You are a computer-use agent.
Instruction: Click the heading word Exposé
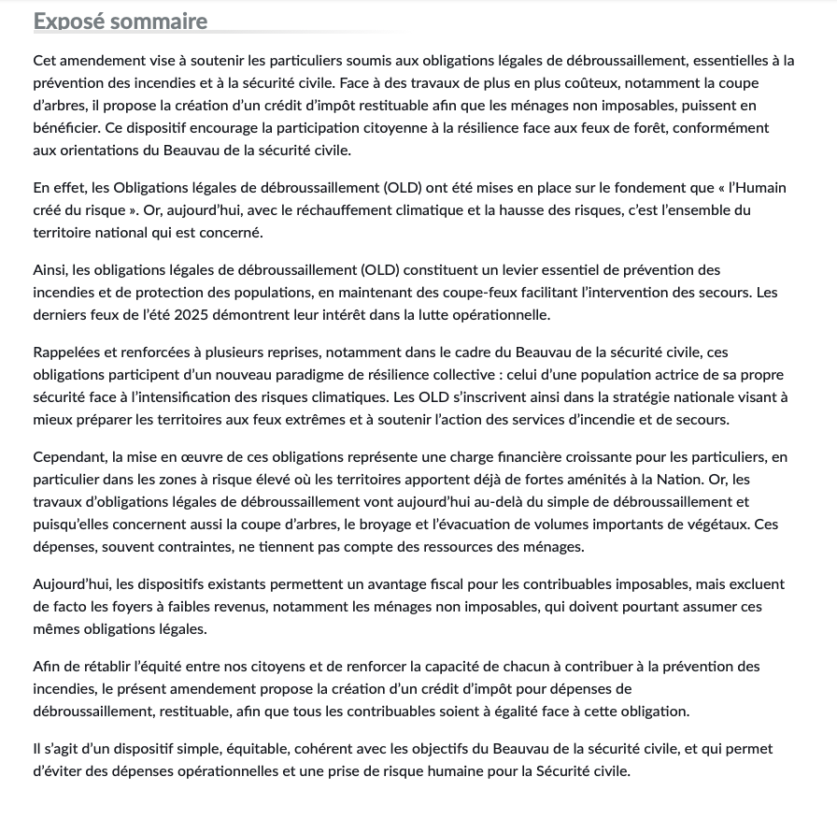(x=68, y=21)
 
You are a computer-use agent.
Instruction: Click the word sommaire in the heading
(x=158, y=21)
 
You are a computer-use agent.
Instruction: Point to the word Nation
(x=677, y=480)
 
